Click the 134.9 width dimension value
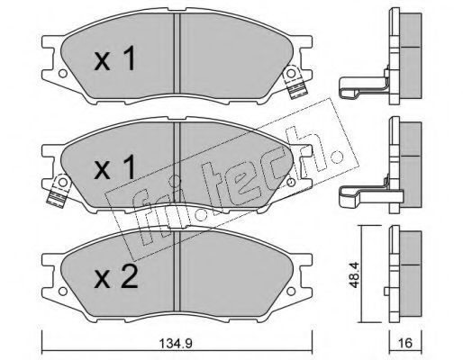[x=176, y=343]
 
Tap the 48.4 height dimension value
[x=355, y=274]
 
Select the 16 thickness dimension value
[x=404, y=343]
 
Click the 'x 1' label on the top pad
[x=115, y=60]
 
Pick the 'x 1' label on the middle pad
[x=115, y=168]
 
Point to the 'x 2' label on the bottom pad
[x=116, y=277]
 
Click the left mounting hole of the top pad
[x=62, y=74]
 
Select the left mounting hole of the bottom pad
[x=62, y=291]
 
